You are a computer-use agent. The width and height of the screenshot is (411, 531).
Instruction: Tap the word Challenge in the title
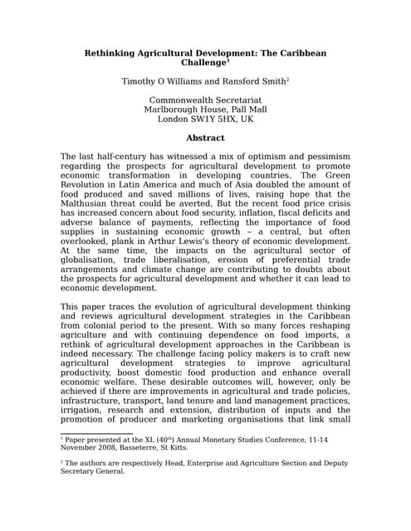[x=203, y=63]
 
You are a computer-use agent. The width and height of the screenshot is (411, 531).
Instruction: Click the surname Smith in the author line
[x=270, y=82]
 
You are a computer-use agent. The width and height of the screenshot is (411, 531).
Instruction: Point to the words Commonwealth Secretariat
[x=205, y=100]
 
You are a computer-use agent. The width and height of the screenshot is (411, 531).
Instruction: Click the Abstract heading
[x=205, y=138]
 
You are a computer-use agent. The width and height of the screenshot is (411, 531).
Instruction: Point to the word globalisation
[x=94, y=261]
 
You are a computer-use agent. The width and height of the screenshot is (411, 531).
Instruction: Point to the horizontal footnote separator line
[x=96, y=431]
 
